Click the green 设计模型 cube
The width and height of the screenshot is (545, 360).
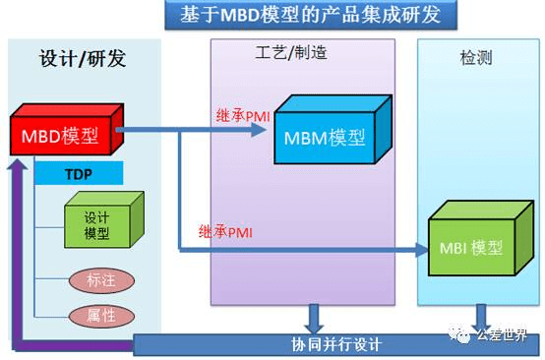pos(97,225)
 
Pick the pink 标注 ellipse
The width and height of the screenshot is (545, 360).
pos(94,280)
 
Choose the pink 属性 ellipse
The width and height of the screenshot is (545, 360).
pos(94,315)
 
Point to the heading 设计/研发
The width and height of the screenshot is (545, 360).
pos(85,58)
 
